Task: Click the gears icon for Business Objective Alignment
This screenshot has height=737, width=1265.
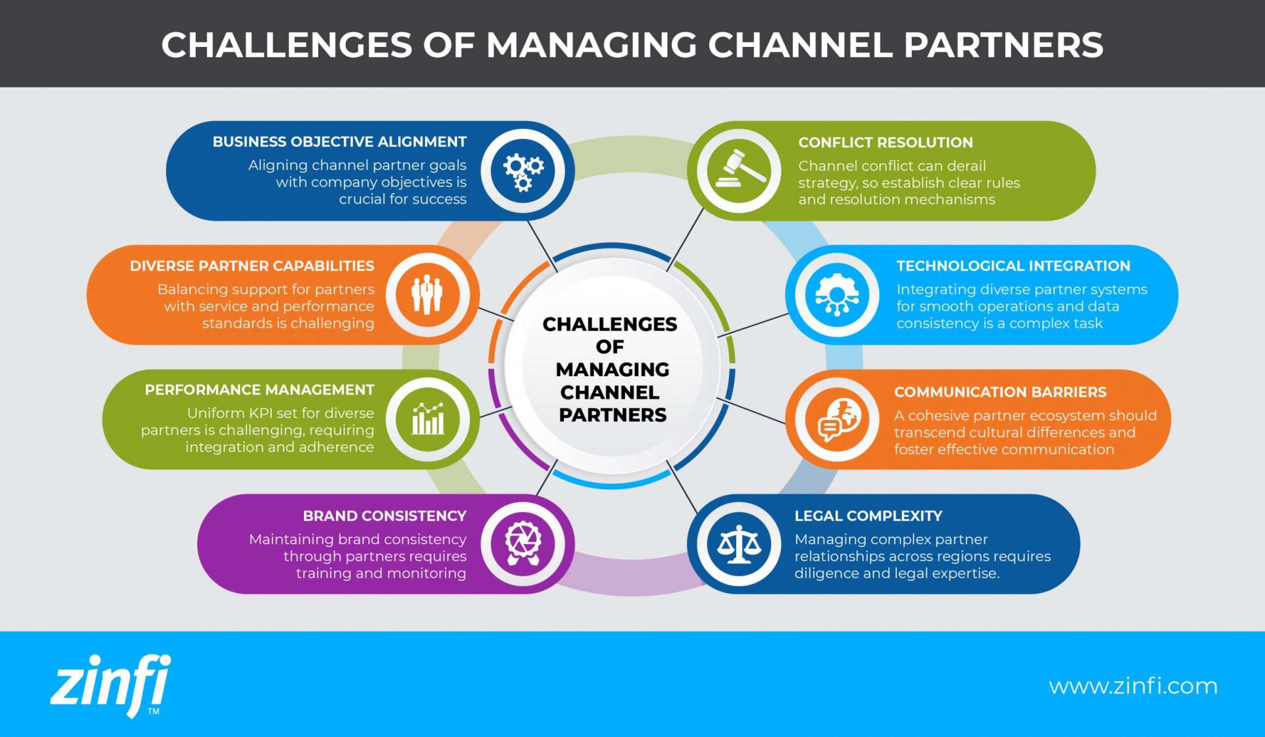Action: click(523, 171)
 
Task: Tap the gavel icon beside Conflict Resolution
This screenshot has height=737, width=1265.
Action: click(739, 171)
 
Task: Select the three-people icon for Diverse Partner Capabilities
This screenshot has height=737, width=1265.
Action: click(427, 295)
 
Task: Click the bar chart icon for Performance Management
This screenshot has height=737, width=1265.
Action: click(427, 419)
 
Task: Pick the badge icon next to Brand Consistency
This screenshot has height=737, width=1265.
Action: click(523, 544)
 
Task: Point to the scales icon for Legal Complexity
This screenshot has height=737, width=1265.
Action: click(739, 544)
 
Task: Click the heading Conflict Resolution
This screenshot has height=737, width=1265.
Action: click(885, 142)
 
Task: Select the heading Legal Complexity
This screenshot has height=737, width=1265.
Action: click(868, 516)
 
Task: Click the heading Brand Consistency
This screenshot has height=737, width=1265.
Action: click(384, 516)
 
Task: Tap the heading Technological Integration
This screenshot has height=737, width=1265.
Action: click(1013, 266)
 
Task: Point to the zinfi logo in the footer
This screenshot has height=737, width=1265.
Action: click(110, 686)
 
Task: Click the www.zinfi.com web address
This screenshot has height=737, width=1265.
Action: click(1133, 686)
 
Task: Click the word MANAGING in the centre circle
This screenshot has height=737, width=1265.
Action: click(612, 369)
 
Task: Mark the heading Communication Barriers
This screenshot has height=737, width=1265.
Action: click(1000, 392)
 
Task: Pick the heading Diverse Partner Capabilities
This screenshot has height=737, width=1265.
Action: click(252, 266)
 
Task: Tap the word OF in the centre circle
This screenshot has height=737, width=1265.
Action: click(610, 347)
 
